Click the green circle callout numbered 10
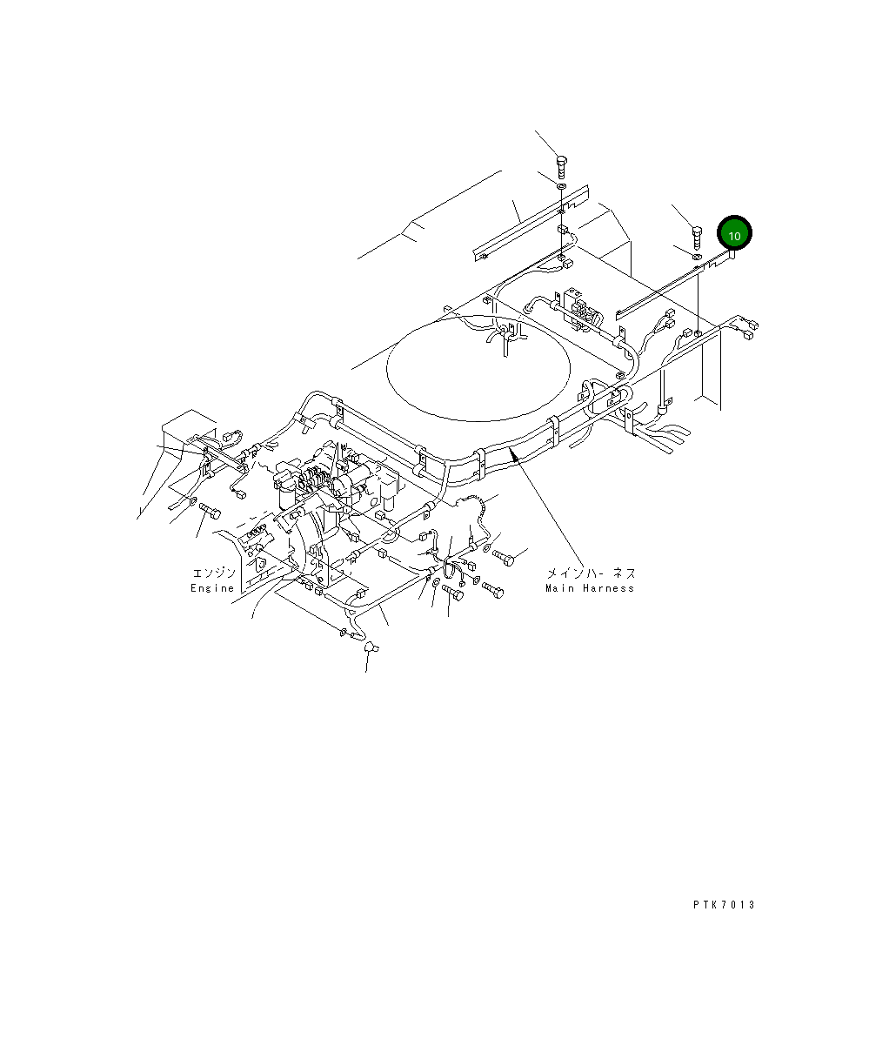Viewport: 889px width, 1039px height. [x=734, y=234]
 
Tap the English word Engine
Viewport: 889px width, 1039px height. [x=212, y=588]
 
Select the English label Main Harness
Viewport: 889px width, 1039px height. [x=590, y=588]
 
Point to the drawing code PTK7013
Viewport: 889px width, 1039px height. [x=724, y=904]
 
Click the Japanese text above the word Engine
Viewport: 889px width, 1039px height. [x=213, y=573]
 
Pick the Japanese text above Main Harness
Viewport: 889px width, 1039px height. [x=591, y=573]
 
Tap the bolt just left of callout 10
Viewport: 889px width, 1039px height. [x=696, y=235]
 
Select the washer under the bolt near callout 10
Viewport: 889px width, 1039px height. [x=697, y=256]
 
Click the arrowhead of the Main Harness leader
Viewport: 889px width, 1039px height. [x=515, y=452]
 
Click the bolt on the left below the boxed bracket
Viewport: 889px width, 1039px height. [x=207, y=509]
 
